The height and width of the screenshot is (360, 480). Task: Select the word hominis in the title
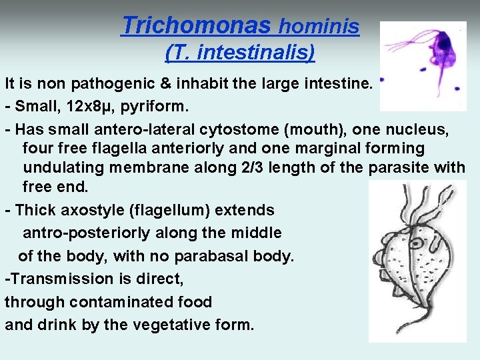tap(319, 27)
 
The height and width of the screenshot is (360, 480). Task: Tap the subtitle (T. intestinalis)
tap(239, 52)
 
